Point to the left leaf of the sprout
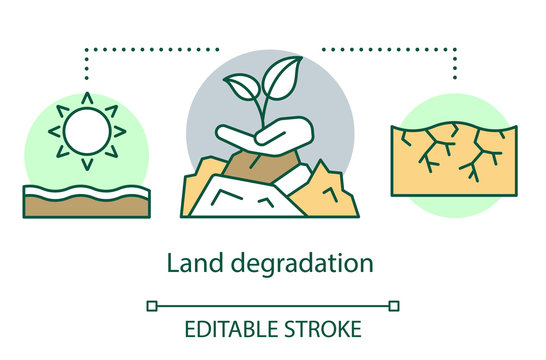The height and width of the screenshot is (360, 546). (x=243, y=87)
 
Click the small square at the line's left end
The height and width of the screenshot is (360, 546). (x=153, y=305)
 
